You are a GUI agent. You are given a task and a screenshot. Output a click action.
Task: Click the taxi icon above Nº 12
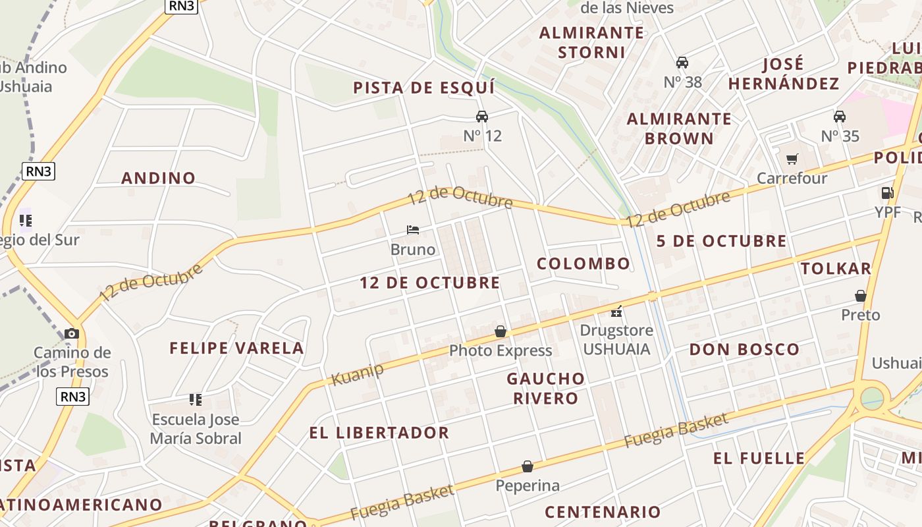coord(482,117)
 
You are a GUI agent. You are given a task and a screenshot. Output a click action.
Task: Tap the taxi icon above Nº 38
coord(682,63)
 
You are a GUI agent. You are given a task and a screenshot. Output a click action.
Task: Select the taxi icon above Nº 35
coord(840,117)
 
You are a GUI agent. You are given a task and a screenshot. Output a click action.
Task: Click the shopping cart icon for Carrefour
coord(792,159)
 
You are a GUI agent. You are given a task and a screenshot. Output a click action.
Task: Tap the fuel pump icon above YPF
coord(887,193)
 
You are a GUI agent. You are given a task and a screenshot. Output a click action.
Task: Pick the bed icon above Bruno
coord(413,230)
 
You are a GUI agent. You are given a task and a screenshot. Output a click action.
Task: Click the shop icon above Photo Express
coord(501,331)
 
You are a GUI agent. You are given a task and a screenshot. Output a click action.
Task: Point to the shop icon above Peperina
coord(528,466)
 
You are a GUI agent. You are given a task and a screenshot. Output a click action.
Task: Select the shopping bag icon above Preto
coord(861,296)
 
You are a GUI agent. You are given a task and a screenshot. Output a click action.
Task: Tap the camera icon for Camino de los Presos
coord(72,334)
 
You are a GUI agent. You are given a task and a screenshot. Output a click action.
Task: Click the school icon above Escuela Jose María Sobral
coord(196,399)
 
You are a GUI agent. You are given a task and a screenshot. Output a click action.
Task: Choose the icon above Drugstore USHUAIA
coord(617,311)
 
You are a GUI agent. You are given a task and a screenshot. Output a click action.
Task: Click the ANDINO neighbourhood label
coord(159,178)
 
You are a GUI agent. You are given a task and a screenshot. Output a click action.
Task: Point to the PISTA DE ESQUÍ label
coord(423,88)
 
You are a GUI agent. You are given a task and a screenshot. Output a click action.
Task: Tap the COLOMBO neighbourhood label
coord(583,264)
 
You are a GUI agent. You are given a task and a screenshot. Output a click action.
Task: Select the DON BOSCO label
coord(744,349)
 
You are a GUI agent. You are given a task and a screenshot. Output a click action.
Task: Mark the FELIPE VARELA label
coord(236,348)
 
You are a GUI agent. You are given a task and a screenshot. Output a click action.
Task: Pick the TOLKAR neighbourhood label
coord(836,268)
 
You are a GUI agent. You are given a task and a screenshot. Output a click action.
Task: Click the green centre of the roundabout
coord(872,399)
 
